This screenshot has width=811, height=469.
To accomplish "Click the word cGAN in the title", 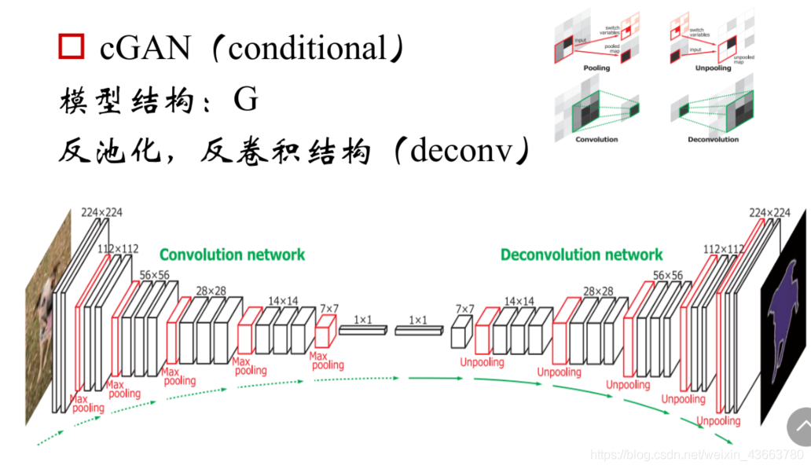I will click(145, 48).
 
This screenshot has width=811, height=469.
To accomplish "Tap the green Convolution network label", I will click(232, 255).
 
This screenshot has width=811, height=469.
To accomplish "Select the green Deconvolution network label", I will click(582, 255).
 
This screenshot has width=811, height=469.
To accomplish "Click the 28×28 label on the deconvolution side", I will click(598, 291).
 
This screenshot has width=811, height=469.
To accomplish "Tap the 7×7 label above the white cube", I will click(466, 309).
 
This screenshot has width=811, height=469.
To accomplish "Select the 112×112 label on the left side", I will click(118, 249).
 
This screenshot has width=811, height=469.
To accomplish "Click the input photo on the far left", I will click(43, 314).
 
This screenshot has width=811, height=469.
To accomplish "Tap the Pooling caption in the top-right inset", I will click(596, 68).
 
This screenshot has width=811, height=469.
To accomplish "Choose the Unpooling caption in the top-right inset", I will click(712, 68).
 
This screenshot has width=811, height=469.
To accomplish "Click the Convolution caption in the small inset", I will click(596, 140).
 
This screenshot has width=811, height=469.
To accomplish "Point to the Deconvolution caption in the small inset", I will click(712, 140).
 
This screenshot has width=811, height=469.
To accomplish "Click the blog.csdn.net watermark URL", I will click(695, 455).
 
